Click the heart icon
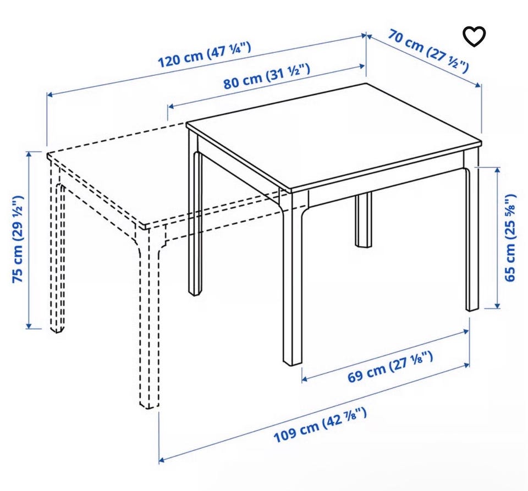pos(474,36)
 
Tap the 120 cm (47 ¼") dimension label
pos(205,55)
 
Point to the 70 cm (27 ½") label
pos(428,51)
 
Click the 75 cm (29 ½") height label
pos(18,239)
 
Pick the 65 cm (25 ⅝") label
pos(510,238)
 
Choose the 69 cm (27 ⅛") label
pos(390,367)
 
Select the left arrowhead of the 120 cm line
pos(50,95)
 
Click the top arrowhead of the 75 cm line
pos(29,154)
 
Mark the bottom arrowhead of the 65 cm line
pos(497,305)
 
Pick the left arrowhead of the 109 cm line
pos(162,459)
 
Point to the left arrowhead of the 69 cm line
pos(304,379)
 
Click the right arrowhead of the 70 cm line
pos(478,85)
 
